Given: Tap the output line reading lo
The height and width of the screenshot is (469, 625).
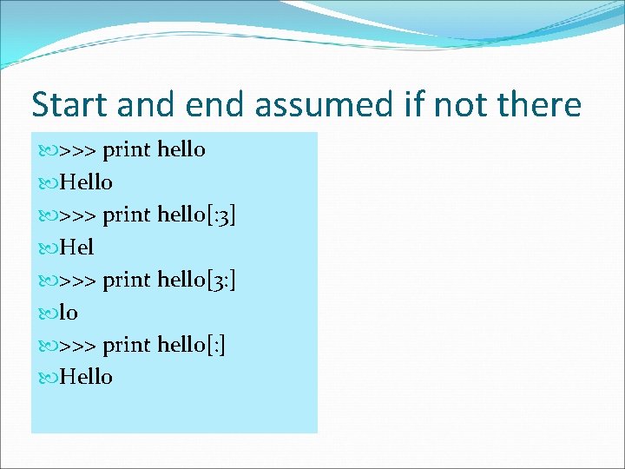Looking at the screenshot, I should pyautogui.click(x=69, y=313).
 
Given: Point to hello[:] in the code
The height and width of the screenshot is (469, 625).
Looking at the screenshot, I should pyautogui.click(x=192, y=346).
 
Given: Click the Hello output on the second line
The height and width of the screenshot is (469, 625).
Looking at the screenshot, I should pyautogui.click(x=85, y=182).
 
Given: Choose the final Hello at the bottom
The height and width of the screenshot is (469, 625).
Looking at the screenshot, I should pyautogui.click(x=85, y=378).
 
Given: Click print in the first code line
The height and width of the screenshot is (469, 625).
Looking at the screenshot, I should pyautogui.click(x=128, y=150).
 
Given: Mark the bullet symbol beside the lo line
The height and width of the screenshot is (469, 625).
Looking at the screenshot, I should pyautogui.click(x=48, y=314).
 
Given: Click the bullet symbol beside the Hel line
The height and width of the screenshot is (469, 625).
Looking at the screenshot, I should pyautogui.click(x=48, y=248).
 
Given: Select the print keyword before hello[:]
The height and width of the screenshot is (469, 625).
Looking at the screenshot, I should pyautogui.click(x=128, y=346).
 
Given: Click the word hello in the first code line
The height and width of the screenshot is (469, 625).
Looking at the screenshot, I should pyautogui.click(x=181, y=150).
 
